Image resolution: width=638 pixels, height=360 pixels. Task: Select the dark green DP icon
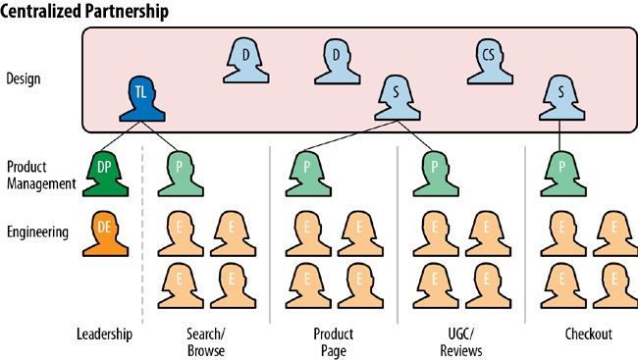click(x=105, y=171)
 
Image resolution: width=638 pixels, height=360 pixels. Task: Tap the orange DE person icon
click(x=105, y=231)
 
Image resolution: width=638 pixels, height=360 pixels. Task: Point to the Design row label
click(x=24, y=77)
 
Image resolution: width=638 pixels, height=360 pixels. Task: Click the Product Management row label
click(x=39, y=175)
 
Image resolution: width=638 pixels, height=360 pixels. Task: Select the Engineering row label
click(x=37, y=232)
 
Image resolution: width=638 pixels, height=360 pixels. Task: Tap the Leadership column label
click(x=104, y=334)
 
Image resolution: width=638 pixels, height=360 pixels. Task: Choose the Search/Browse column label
click(x=205, y=341)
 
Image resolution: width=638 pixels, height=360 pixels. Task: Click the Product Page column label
click(x=333, y=341)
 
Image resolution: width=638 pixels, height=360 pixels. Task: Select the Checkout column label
click(x=588, y=334)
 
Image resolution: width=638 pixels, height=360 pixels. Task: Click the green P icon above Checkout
click(x=559, y=171)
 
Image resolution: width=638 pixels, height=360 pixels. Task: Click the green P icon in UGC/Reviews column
click(x=433, y=171)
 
